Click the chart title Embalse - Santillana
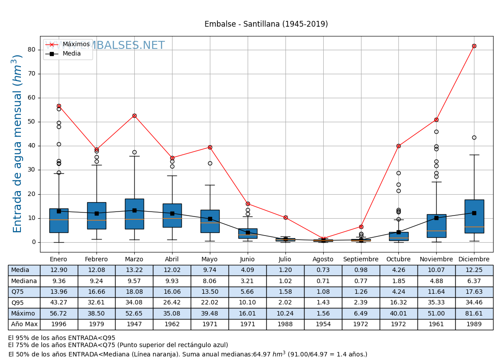266,24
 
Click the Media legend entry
72,54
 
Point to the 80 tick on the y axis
32,50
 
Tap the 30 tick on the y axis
32,170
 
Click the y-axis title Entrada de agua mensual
18,144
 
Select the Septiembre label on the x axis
361,260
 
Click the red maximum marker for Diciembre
474,46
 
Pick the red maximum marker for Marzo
134,116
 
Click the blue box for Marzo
134,214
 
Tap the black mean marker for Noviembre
436,218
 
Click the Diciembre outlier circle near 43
474,137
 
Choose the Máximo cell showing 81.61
474,313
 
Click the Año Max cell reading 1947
134,324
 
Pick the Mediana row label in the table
24,281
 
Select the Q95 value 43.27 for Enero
59,303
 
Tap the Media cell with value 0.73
323,270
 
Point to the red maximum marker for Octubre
398,146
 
